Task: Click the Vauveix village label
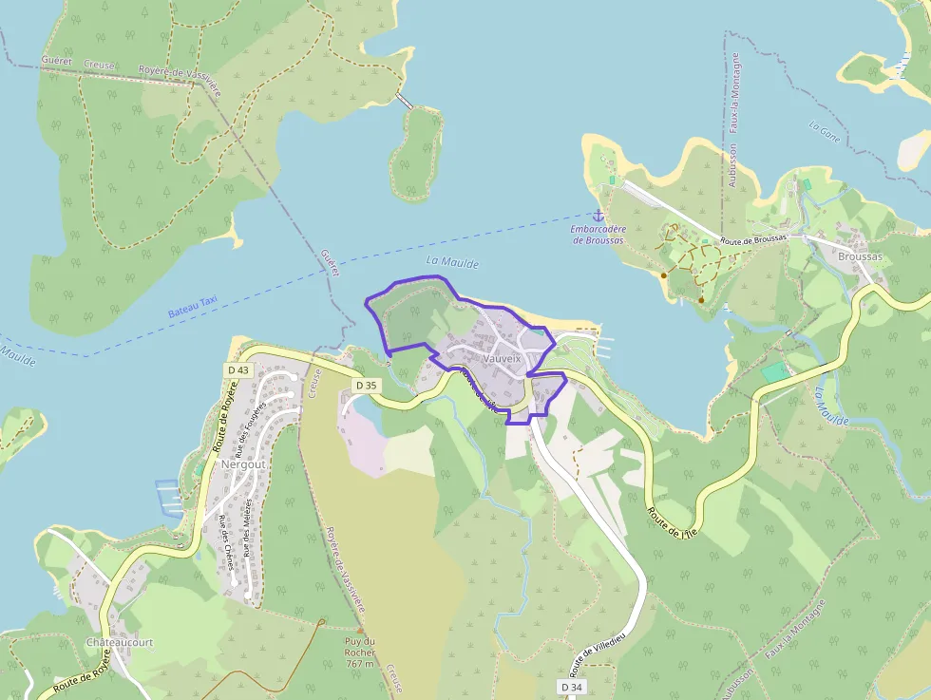click(501, 360)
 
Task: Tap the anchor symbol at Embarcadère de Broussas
click(598, 217)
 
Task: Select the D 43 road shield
click(238, 369)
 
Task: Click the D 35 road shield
click(366, 386)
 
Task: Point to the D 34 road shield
click(571, 687)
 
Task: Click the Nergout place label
click(240, 465)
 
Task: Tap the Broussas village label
click(860, 256)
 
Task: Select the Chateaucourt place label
click(120, 642)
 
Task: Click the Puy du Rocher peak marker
click(360, 629)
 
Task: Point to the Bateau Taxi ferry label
click(193, 306)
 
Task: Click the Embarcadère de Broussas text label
click(598, 235)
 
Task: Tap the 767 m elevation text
click(360, 665)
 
